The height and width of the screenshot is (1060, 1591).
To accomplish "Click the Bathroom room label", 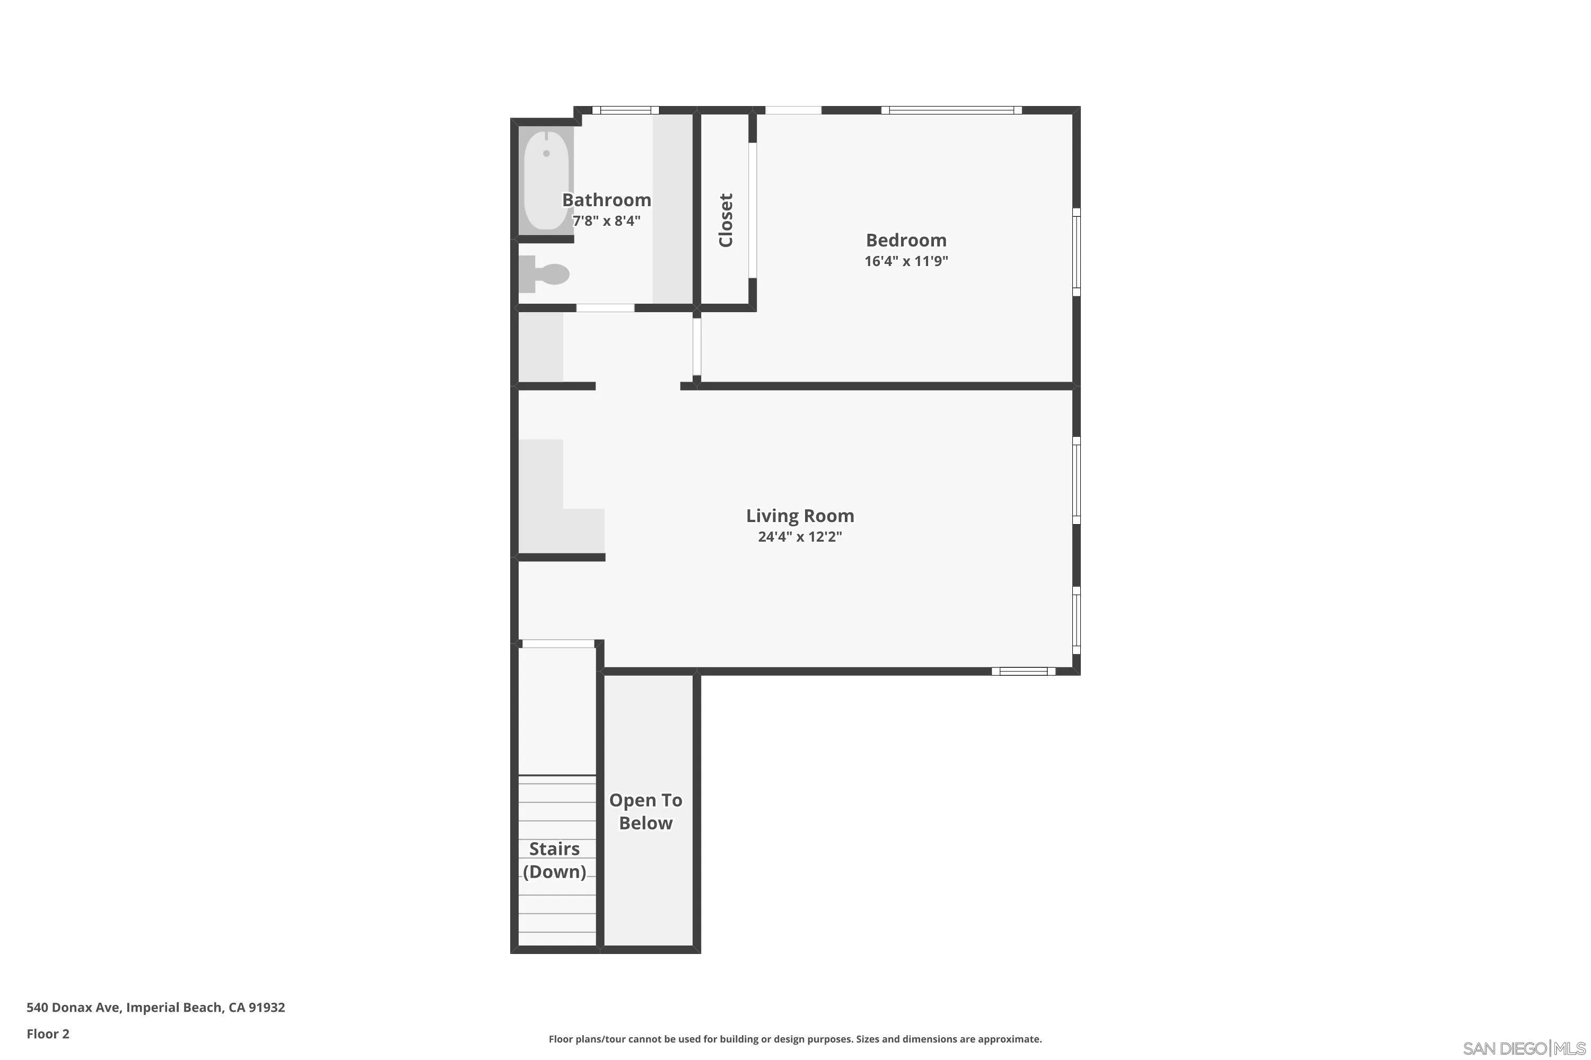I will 606,200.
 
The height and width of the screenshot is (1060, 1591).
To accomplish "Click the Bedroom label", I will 906,240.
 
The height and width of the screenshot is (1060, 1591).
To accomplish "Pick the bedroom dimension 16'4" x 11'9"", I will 906,261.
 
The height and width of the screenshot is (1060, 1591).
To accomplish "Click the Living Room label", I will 800,516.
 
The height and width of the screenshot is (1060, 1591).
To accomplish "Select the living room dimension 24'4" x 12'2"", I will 800,537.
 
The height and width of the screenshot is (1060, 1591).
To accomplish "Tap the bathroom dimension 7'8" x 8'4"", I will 606,220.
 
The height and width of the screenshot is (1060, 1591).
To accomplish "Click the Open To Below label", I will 645,811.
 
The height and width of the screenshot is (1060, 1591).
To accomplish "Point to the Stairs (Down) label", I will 554,860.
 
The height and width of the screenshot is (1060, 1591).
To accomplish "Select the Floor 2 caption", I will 48,1033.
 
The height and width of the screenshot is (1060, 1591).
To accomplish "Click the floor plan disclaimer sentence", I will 795,1039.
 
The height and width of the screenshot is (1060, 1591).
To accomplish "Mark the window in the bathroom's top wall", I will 625,110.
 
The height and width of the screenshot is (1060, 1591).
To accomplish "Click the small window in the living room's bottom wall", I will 1024,672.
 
